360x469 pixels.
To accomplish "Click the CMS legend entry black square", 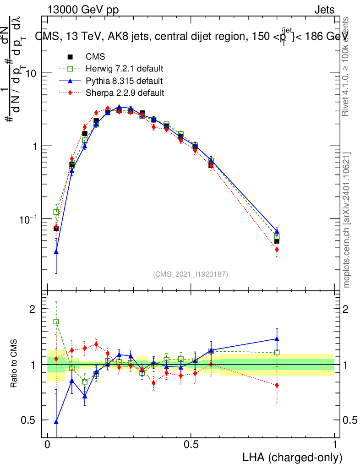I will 71,57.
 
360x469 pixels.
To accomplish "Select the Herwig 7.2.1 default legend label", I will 125,69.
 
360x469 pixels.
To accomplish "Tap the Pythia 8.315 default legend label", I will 124,81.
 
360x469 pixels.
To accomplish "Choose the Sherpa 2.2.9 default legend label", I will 125,93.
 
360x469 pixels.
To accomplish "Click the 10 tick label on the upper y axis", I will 31,73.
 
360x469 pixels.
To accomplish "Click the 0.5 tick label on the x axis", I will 191,445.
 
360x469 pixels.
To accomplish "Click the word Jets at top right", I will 324,10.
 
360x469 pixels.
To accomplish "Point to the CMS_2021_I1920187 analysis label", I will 191,274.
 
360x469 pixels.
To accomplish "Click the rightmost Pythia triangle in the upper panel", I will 277,231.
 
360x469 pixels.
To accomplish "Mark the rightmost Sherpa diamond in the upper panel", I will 277,250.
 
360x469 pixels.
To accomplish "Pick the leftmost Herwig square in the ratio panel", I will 56,322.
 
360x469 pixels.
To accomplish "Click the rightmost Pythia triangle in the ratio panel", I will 277,339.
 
